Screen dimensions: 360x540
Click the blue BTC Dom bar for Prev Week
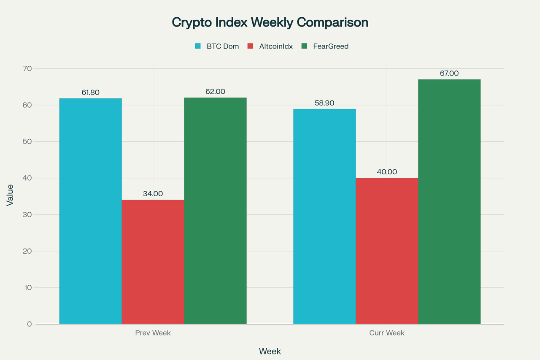point(90,211)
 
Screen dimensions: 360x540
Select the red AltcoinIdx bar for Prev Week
point(153,262)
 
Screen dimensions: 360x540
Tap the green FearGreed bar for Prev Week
point(215,211)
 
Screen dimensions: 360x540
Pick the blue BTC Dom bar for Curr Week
point(324,216)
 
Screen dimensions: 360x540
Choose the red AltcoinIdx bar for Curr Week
point(387,251)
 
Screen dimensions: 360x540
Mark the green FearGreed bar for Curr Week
point(449,202)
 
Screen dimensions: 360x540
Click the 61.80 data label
point(90,92)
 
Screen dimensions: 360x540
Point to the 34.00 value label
point(153,194)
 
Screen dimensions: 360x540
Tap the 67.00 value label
point(449,73)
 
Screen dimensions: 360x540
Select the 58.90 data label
point(324,103)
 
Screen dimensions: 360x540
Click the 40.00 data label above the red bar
point(387,172)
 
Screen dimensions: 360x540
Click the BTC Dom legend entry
point(217,46)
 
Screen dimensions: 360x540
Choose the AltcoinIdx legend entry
point(270,46)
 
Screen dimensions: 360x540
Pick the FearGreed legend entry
point(325,46)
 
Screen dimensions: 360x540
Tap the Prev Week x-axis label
point(153,333)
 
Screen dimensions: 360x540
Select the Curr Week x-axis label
point(387,333)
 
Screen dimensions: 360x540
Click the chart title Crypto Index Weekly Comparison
point(270,23)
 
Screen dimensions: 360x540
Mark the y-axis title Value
point(10,195)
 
